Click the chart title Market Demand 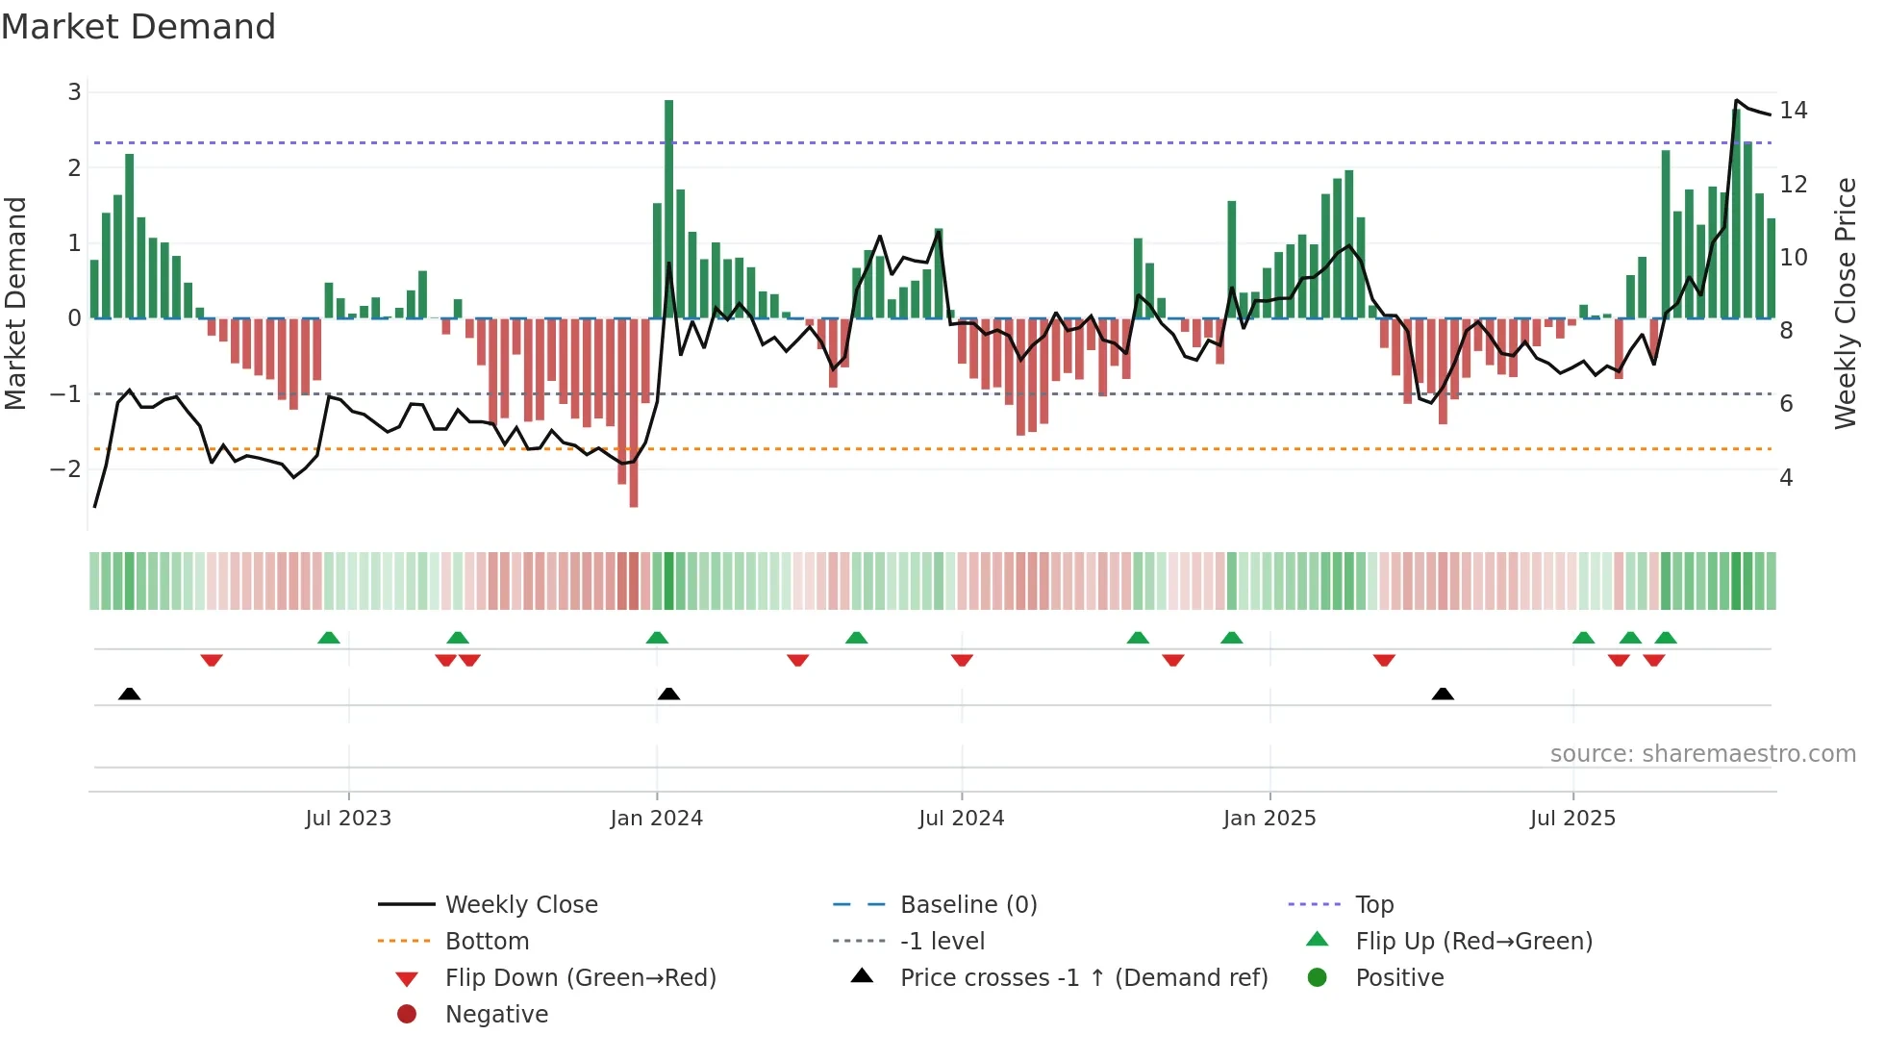click(138, 27)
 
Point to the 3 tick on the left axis click(74, 92)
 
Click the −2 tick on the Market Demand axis click(65, 469)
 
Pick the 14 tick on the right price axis click(1793, 111)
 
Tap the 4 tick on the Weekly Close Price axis click(1786, 478)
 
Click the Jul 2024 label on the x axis click(961, 819)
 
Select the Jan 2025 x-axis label click(1269, 819)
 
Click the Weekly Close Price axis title click(1845, 303)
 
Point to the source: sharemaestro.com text click(1702, 754)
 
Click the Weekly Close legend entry click(520, 905)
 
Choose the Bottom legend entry click(487, 942)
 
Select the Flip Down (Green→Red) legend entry click(580, 978)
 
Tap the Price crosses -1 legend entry click(1083, 978)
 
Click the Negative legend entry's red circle click(407, 1015)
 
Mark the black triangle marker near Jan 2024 click(668, 694)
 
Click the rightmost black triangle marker click(1442, 694)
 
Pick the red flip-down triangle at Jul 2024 click(962, 660)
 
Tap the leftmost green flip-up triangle click(329, 638)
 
